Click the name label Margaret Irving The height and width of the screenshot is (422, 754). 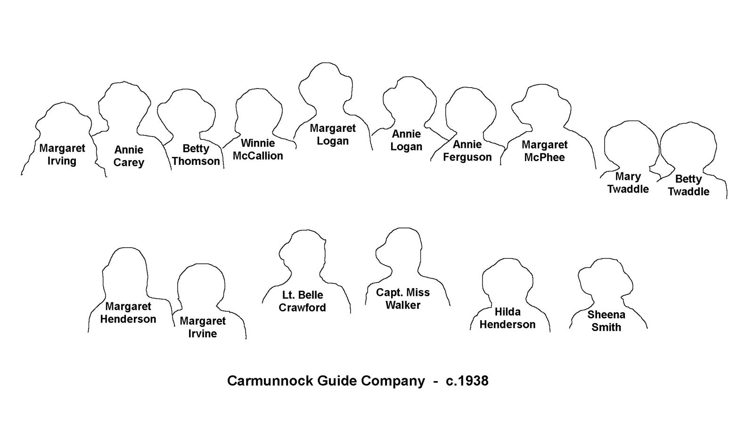(62, 154)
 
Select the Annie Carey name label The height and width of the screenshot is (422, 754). (129, 156)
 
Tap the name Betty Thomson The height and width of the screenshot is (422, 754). (196, 155)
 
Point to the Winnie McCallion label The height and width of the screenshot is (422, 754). (258, 149)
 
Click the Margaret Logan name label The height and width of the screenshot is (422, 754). (333, 134)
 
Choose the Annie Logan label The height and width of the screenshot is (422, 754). (406, 140)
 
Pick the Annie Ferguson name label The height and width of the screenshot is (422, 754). (467, 150)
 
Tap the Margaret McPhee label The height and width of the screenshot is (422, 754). (545, 151)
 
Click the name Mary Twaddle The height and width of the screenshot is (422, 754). (628, 183)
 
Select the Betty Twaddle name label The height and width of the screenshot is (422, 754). (688, 185)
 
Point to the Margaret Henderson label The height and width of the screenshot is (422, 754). (128, 313)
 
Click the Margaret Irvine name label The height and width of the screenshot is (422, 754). (203, 327)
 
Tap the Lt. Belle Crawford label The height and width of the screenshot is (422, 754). (302, 301)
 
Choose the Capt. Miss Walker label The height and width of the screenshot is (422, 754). (403, 299)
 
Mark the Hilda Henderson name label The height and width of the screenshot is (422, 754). (508, 318)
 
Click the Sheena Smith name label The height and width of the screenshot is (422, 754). (606, 321)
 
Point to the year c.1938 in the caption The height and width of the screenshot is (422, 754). (467, 381)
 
